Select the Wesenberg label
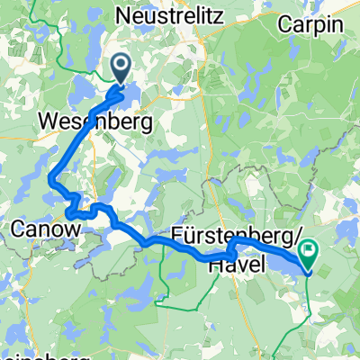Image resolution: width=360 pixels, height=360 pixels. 94,121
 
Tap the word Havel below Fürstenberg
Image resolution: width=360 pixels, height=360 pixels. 235,264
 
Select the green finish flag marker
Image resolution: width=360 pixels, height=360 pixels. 309,254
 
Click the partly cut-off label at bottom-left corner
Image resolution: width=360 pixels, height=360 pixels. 27,354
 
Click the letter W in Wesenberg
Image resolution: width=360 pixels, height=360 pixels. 47,121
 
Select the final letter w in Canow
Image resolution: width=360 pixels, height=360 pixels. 73,232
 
